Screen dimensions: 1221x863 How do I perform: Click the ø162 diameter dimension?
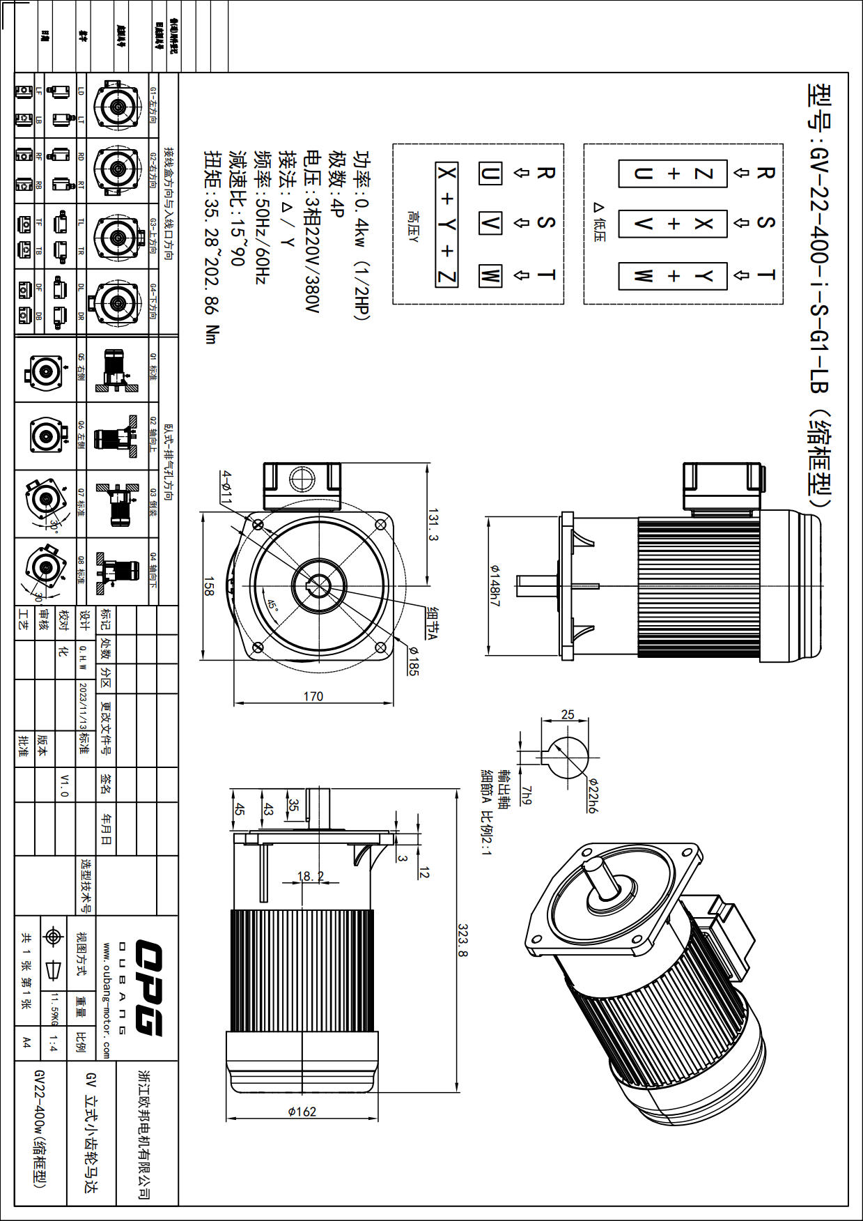pos(302,1112)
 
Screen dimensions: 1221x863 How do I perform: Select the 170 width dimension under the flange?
pos(313,696)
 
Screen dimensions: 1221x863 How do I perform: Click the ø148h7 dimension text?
pos(495,585)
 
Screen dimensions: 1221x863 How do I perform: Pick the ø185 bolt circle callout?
pos(414,661)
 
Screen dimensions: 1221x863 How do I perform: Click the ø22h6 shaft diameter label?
pos(593,795)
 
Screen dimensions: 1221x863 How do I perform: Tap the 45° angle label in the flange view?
pos(272,606)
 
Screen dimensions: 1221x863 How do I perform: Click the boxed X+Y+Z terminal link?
pos(446,224)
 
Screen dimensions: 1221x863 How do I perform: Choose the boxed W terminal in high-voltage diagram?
pos(490,276)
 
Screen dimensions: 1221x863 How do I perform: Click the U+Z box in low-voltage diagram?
pos(673,174)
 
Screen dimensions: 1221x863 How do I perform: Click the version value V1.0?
pos(65,785)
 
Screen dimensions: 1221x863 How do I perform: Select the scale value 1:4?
pos(53,1043)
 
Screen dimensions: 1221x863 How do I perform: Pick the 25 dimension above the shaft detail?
pos(568,714)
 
